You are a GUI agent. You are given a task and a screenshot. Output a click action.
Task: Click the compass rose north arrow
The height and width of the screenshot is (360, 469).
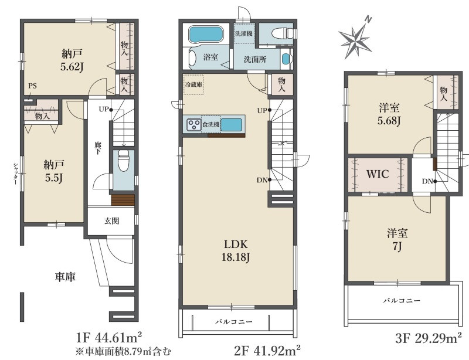tap(356, 39)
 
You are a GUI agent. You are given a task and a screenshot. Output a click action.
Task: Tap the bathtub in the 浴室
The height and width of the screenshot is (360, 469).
tap(206, 35)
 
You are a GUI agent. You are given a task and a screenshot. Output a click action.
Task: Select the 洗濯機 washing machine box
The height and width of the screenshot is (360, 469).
tap(244, 33)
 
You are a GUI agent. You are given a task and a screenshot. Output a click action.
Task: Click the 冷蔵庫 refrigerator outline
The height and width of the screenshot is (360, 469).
tap(193, 84)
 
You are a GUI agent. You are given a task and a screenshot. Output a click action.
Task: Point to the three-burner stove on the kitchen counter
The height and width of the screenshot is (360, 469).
tap(194, 124)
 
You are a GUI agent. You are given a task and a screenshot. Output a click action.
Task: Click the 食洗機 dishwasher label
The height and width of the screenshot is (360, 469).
tap(211, 124)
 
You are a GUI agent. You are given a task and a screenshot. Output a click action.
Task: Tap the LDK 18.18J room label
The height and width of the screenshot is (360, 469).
tap(236, 251)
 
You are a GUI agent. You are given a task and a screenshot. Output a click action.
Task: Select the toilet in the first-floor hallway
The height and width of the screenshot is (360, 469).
tap(123, 160)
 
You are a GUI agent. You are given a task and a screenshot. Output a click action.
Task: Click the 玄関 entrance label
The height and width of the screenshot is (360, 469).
tap(112, 221)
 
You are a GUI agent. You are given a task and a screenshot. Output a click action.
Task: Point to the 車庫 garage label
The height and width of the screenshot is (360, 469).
tap(65, 277)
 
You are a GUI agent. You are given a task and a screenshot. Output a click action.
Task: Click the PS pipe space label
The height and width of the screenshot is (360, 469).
tap(33, 86)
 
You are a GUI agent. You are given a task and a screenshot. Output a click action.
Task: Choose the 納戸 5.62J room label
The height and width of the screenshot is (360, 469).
tap(72, 60)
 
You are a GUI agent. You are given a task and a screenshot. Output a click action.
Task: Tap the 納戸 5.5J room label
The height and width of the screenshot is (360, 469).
tap(54, 171)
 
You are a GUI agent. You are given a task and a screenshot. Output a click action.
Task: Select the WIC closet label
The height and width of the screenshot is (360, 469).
tap(378, 174)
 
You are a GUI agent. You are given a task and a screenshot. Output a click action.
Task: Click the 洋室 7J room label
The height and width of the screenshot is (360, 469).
tap(397, 240)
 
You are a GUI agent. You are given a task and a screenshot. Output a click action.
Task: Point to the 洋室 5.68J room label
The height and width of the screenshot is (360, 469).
tap(389, 114)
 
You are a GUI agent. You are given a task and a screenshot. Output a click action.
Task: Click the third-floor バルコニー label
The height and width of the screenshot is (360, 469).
tap(402, 300)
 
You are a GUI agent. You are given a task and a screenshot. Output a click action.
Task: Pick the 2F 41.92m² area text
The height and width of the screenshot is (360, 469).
tap(267, 351)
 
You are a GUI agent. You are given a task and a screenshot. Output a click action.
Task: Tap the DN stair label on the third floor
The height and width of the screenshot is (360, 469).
tap(427, 181)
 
